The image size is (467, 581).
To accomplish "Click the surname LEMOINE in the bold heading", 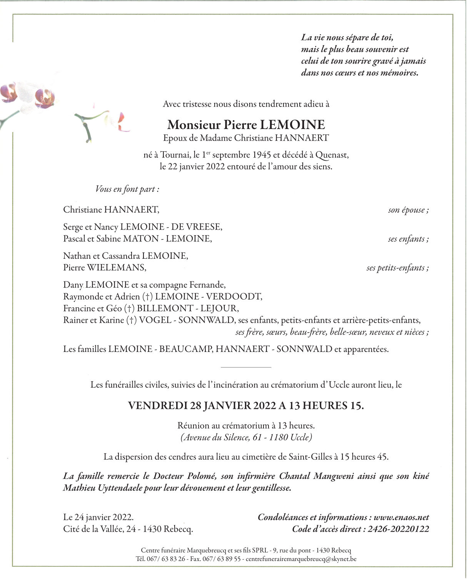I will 292,125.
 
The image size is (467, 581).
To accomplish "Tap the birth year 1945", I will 262,155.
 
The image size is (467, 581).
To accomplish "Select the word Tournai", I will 175,155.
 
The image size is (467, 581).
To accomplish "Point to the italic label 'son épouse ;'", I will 408,210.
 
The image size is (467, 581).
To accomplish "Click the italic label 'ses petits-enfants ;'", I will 397,268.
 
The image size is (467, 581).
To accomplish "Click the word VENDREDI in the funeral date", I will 158,405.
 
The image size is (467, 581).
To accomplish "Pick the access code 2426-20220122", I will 398,529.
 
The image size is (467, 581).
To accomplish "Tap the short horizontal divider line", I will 246,367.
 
